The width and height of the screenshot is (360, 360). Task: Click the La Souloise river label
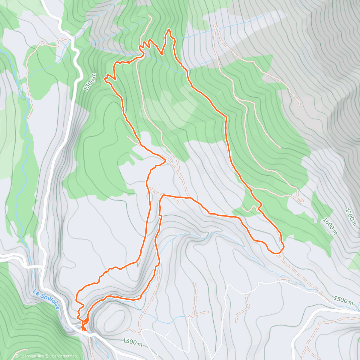click(46, 299)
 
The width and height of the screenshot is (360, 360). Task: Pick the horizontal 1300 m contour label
click(132, 342)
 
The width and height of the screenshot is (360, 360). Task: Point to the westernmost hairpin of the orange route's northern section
click(105, 79)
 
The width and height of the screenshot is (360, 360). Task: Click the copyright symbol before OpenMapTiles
click(16, 356)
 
